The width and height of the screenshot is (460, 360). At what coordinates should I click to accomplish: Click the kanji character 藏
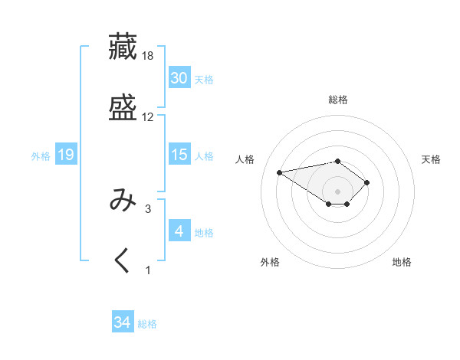point(123,46)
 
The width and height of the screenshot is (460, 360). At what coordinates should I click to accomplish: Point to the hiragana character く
point(123,260)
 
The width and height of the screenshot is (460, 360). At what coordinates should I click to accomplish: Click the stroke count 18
point(148,56)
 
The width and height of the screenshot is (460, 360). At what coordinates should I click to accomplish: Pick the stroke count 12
point(148,117)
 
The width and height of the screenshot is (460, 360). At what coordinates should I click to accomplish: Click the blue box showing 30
point(179,78)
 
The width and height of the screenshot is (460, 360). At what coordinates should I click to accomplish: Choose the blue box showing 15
point(179,155)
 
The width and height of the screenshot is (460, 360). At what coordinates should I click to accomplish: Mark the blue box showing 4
point(179,231)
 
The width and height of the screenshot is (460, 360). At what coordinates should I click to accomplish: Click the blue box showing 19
point(66,155)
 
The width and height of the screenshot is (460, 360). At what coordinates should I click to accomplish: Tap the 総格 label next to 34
point(147,324)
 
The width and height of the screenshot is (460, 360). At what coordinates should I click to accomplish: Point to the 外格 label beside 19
point(41,155)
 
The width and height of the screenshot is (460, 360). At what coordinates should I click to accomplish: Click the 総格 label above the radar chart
point(337,100)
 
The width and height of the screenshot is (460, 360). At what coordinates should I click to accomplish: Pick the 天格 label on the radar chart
point(431,159)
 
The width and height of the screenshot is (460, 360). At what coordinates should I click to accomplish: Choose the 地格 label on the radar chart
point(402,262)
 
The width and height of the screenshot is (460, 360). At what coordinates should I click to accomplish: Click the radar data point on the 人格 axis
point(280,172)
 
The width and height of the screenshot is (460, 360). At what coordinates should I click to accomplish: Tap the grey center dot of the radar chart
point(337,191)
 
